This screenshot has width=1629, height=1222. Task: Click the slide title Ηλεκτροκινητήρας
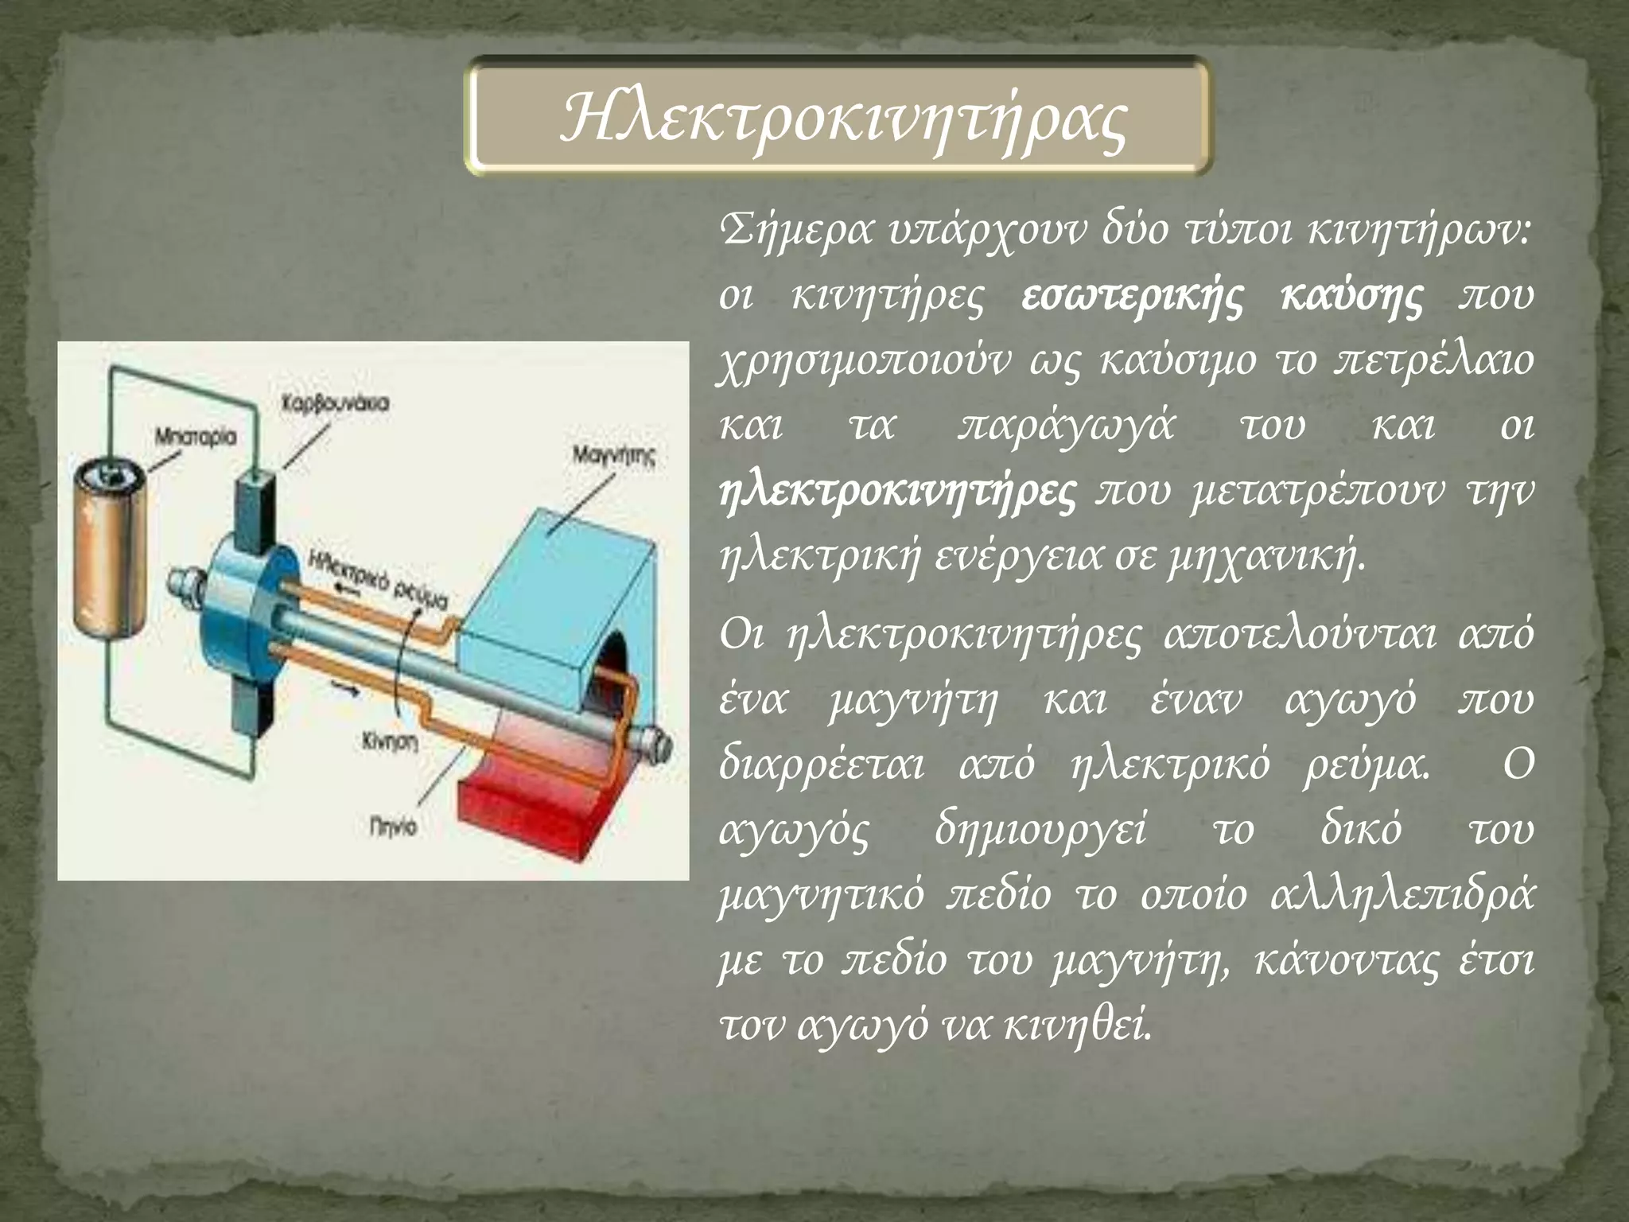[x=843, y=118]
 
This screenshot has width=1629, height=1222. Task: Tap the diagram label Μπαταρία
[x=194, y=437]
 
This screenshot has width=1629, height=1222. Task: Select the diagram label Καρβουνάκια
[x=335, y=403]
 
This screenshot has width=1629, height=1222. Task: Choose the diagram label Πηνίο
[x=392, y=828]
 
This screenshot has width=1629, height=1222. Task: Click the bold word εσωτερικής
[x=1129, y=297]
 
